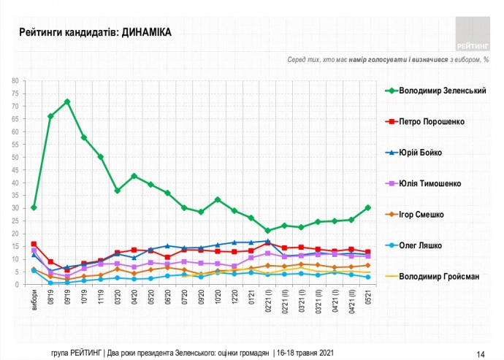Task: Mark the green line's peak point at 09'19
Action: [67, 102]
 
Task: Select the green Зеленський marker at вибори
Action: [34, 207]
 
